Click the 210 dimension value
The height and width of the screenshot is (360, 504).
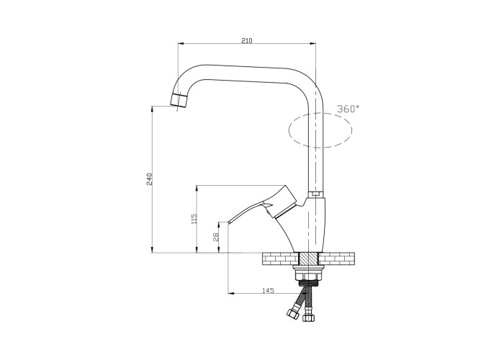[247, 40]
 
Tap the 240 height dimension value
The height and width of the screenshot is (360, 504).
[149, 179]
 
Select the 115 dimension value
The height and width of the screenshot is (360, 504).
[194, 219]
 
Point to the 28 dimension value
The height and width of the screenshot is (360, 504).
[216, 237]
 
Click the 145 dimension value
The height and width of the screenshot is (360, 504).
[269, 291]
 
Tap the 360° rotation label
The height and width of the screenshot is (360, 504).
[348, 109]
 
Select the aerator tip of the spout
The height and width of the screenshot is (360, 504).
[179, 100]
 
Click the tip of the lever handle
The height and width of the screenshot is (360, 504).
[229, 222]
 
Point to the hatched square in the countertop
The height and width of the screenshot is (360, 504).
[309, 259]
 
